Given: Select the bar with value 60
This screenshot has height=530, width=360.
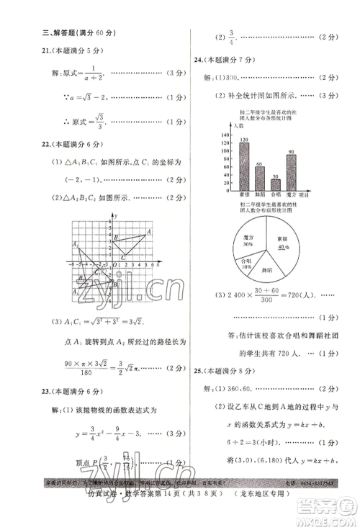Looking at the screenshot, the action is (259, 177).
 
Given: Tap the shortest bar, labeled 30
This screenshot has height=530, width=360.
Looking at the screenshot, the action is (276, 184).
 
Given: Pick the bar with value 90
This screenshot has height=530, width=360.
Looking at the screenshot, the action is (291, 171).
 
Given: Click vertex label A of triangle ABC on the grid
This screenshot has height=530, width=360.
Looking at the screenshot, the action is (148, 231).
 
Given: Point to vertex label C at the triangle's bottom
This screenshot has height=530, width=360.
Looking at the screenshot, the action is (123, 257).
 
